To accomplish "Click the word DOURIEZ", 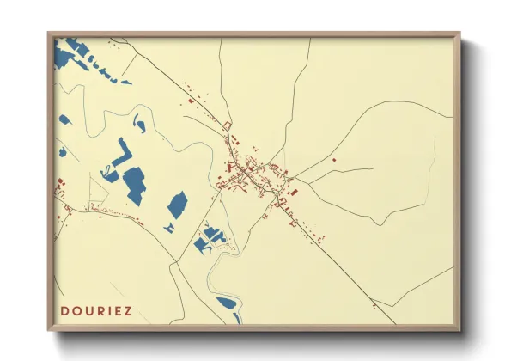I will coord(96,310).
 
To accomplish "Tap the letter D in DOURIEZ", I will coord(64,310).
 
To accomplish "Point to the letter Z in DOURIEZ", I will coord(128,310).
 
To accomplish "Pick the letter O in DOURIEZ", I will coord(75,310).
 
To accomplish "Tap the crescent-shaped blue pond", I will coord(139,125).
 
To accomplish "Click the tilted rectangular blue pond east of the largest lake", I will coord(177,205).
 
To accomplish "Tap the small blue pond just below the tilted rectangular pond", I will coord(170,227).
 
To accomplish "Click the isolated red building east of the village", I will coord(334,160).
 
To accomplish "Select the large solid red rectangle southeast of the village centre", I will coord(293,192).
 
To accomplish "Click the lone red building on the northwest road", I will coord(190,102).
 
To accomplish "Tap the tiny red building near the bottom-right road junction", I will coord(373,302).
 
